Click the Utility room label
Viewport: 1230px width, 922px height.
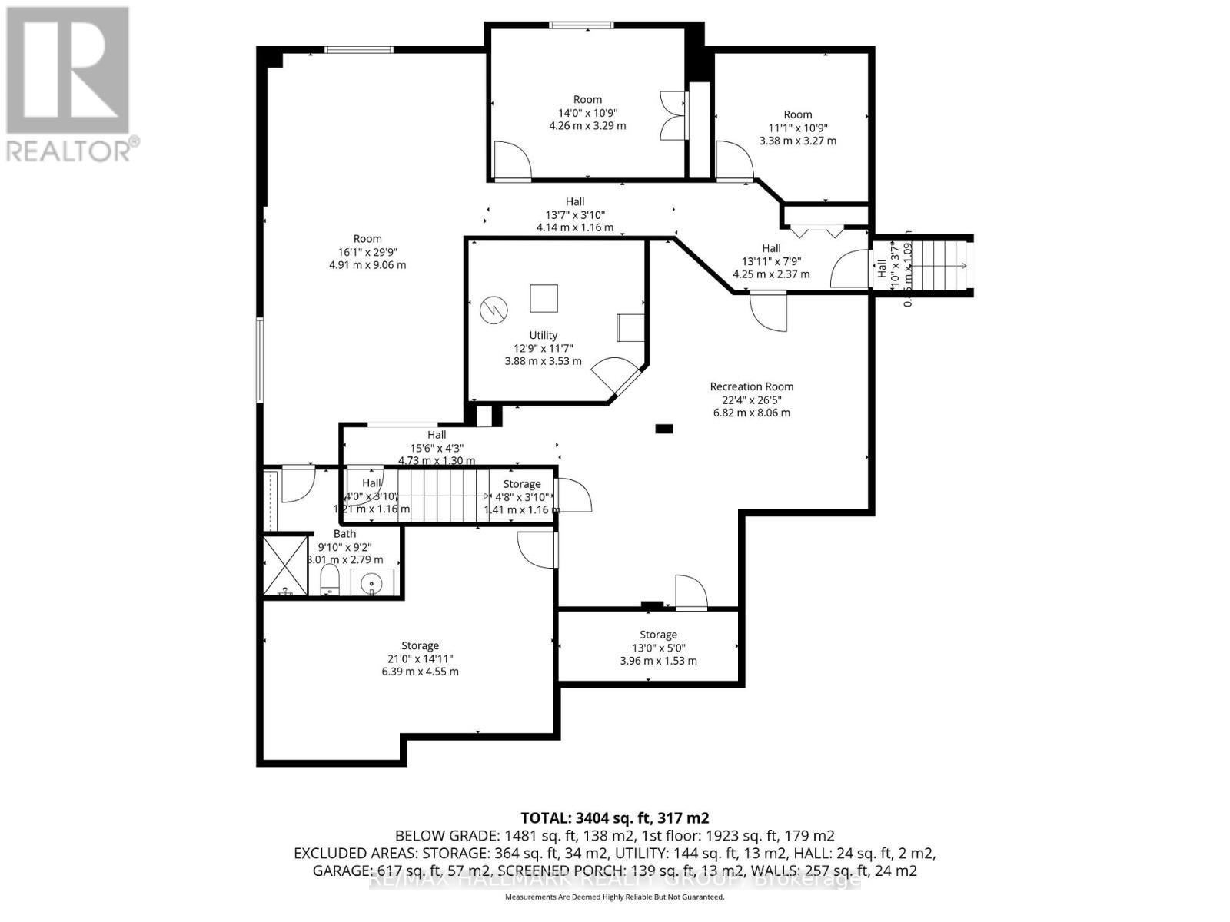coord(543,335)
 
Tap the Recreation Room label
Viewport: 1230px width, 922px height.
coord(751,386)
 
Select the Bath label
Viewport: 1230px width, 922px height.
coord(344,533)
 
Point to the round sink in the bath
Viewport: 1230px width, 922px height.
coord(373,582)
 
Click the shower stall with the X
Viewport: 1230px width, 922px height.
coord(285,566)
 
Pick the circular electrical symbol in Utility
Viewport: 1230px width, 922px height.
coord(494,310)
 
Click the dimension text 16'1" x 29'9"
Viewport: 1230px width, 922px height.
coord(367,251)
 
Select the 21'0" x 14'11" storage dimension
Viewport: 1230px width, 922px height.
coord(420,658)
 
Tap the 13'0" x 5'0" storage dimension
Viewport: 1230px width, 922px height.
coord(658,648)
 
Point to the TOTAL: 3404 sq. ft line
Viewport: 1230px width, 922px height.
coord(614,818)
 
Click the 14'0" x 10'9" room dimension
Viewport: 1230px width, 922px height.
coord(587,112)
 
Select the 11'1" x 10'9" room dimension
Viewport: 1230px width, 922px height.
coord(798,128)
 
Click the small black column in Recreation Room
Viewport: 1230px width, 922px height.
coord(663,429)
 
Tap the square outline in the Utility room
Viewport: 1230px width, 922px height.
coord(544,298)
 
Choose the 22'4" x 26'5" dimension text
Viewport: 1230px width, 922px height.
coord(751,400)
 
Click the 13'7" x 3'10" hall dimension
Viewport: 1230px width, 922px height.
coord(575,214)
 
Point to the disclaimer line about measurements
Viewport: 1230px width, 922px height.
coord(614,897)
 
